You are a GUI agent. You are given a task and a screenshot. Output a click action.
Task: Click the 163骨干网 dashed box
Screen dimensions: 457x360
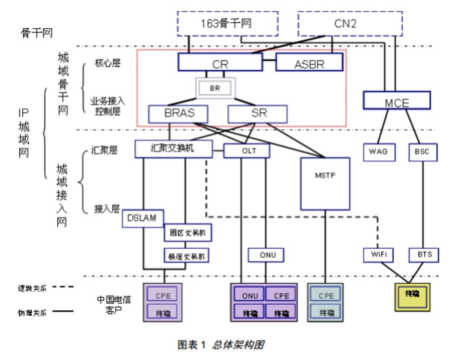pyautogui.click(x=226, y=24)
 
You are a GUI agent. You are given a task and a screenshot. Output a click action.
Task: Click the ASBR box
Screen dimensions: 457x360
pyautogui.click(x=309, y=63)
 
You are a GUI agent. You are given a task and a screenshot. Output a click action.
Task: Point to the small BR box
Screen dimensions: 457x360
pyautogui.click(x=216, y=89)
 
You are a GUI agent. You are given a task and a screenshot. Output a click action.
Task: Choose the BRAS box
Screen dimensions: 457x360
pyautogui.click(x=179, y=113)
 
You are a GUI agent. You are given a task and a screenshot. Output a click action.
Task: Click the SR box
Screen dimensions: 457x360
pyautogui.click(x=257, y=113)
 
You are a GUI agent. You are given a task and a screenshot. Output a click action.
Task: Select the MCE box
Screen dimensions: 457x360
pyautogui.click(x=397, y=101)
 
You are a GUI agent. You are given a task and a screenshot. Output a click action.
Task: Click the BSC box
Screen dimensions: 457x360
pyautogui.click(x=423, y=152)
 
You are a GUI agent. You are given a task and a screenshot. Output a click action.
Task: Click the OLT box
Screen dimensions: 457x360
pyautogui.click(x=247, y=151)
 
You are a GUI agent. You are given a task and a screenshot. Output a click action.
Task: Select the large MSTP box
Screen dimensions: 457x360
pyautogui.click(x=325, y=184)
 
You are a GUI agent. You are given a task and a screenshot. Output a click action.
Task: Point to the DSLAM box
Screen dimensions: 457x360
pyautogui.click(x=143, y=219)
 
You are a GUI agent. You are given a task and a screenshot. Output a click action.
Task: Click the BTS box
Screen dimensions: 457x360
pyautogui.click(x=424, y=255)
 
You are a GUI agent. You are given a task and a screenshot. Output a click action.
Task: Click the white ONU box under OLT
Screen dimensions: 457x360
pyautogui.click(x=265, y=255)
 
